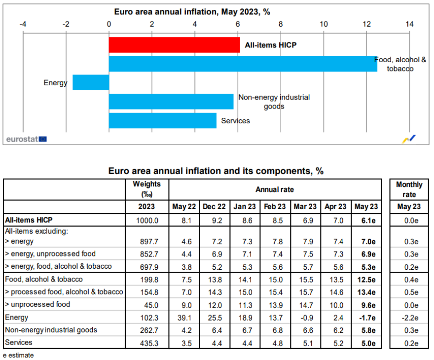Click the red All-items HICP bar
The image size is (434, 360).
174,45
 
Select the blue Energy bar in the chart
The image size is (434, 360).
91,82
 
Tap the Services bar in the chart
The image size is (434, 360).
163,120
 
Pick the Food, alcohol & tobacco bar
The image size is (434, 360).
243,64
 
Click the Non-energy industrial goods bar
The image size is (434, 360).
171,101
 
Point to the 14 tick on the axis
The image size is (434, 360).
409,24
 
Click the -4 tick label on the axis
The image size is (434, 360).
23,24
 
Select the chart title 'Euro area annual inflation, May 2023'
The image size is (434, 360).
192,11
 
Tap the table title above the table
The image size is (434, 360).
216,171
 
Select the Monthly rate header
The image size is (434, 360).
409,189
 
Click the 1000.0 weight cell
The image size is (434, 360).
147,220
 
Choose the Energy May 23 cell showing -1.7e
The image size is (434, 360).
366,318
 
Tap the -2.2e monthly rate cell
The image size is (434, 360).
409,318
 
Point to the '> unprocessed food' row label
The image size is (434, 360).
37,304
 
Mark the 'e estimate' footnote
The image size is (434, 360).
18,355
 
